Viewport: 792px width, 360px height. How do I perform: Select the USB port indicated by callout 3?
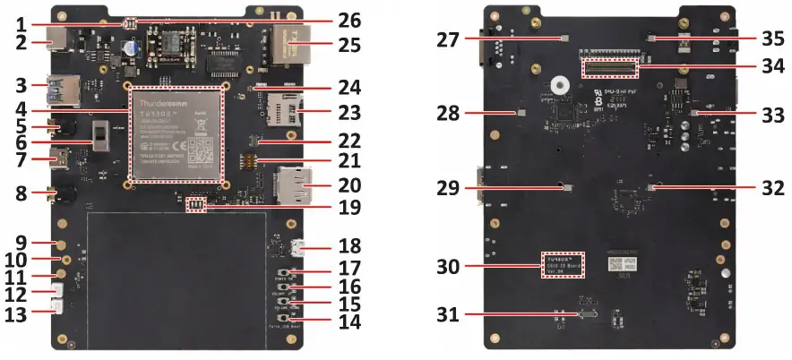pyautogui.click(x=61, y=91)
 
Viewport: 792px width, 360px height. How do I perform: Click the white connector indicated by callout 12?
pyautogui.click(x=56, y=292)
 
